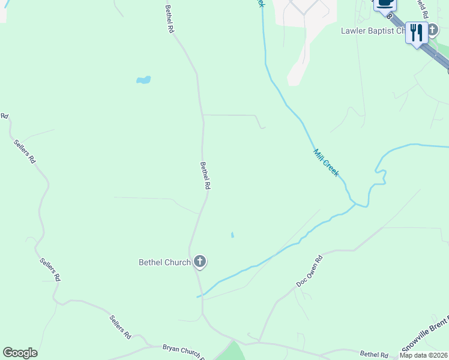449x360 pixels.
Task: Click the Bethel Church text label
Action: pos(164,262)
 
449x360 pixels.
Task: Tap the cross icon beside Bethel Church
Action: pos(200,262)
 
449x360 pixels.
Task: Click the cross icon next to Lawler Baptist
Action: pos(432,30)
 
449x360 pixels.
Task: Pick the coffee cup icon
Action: pos(385,4)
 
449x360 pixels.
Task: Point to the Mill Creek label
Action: pos(326,162)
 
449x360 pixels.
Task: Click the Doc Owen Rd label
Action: pos(309,271)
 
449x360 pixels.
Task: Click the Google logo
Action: pos(20,353)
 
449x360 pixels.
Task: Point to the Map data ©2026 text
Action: pos(423,355)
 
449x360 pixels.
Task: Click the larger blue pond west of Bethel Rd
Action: pos(143,80)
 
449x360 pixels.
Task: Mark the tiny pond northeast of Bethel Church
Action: pos(232,235)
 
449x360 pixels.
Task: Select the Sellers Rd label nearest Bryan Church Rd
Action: pos(119,325)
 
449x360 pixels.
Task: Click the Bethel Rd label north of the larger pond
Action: pos(170,19)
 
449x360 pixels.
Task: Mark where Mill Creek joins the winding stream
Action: pos(358,205)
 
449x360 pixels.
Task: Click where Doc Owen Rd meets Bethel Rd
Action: pos(259,343)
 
